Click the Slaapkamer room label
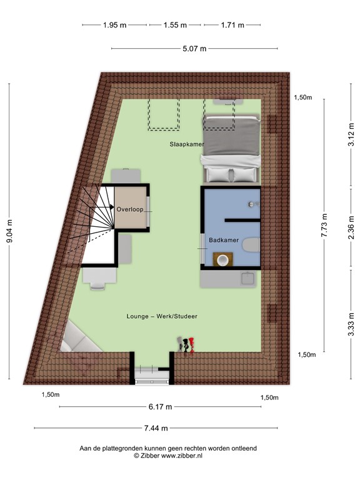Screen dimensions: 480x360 click(187, 144)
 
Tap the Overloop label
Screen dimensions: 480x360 click(130, 209)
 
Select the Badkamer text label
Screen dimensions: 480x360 click(222, 239)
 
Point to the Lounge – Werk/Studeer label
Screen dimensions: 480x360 click(161, 317)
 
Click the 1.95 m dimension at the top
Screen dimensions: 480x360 click(115, 25)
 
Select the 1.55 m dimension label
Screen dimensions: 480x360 click(175, 25)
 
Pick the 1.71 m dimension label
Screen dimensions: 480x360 click(232, 25)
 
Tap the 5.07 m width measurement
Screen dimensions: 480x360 click(194, 48)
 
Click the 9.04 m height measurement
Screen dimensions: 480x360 click(9, 232)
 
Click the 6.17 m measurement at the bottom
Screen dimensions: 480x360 click(160, 407)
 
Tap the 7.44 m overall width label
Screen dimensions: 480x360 click(156, 429)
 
